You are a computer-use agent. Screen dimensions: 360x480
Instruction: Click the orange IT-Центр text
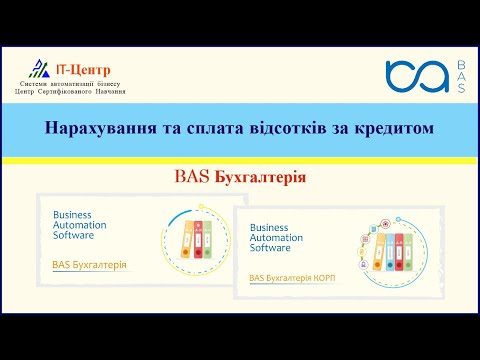(x=83, y=70)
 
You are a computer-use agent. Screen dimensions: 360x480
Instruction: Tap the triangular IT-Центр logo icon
(x=40, y=69)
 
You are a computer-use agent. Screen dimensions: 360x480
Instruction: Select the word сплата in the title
(x=214, y=129)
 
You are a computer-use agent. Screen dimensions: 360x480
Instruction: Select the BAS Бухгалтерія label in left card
(x=89, y=265)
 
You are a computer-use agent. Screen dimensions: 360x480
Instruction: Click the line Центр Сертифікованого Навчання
(x=69, y=91)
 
